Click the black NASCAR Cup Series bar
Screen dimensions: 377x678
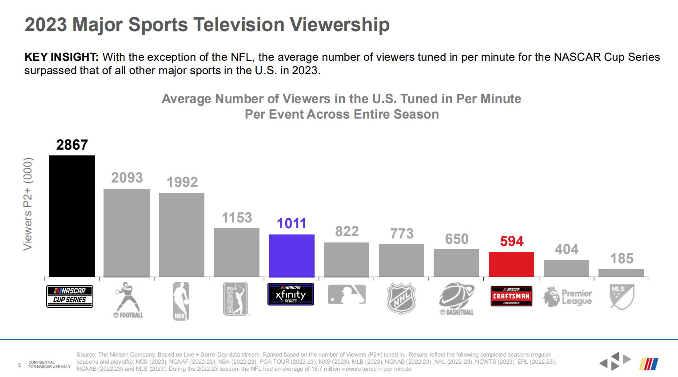[x=72, y=216]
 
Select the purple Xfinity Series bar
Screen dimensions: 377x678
[x=292, y=255]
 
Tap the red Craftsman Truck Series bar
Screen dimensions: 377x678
[x=511, y=264]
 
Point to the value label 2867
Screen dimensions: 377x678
[x=72, y=145]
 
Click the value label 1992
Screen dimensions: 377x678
[x=182, y=182]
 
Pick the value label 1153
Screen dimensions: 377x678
[x=237, y=218]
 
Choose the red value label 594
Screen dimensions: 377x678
[x=512, y=241]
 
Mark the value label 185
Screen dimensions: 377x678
[x=622, y=258]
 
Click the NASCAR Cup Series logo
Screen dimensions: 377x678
[x=70, y=296]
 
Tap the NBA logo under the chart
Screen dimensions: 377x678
[x=181, y=301]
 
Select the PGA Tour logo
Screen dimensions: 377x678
[x=235, y=299]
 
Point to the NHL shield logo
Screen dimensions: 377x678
[x=401, y=298]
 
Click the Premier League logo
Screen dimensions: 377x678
[x=567, y=297]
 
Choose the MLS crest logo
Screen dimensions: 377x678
[x=622, y=296]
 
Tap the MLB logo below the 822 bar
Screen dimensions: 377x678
[x=347, y=294]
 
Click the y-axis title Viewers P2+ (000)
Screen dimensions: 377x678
[x=28, y=204]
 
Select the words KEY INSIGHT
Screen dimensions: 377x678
[x=61, y=57]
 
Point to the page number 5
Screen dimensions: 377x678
[x=20, y=365]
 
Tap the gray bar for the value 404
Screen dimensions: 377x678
[x=566, y=268]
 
